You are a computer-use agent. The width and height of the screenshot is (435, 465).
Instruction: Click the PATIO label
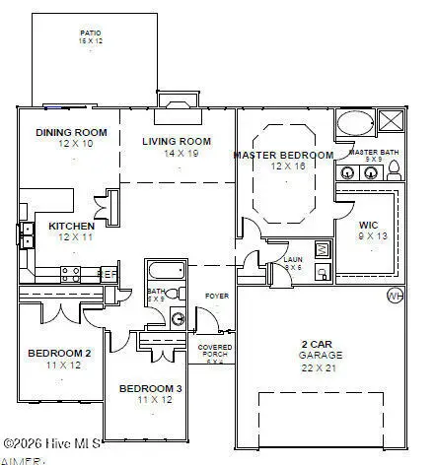90,33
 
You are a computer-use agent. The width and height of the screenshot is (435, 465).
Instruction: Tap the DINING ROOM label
72,132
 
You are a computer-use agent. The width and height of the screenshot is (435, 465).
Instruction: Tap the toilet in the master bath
395,170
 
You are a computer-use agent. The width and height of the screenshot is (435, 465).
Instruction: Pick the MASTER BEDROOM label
282,155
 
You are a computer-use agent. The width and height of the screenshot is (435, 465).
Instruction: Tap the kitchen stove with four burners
70,273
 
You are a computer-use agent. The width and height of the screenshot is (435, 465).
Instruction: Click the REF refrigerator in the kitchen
109,275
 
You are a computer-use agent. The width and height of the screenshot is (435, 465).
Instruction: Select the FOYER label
216,296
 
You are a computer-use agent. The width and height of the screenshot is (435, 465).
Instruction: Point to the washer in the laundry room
322,249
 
